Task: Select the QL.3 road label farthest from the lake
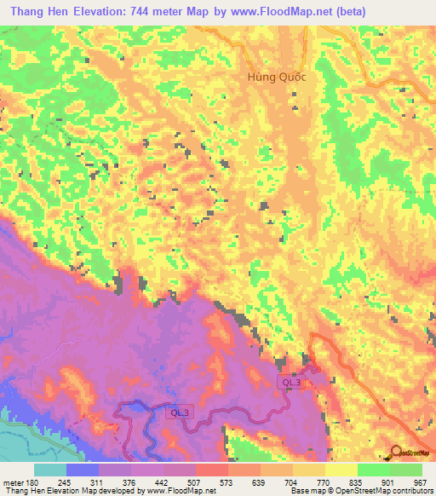pos(291,384)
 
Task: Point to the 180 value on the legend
pos(31,483)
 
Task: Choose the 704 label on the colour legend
pos(293,483)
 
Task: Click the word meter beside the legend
pos(12,483)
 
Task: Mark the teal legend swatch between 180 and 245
pos(49,470)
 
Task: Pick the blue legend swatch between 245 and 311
pos(83,470)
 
